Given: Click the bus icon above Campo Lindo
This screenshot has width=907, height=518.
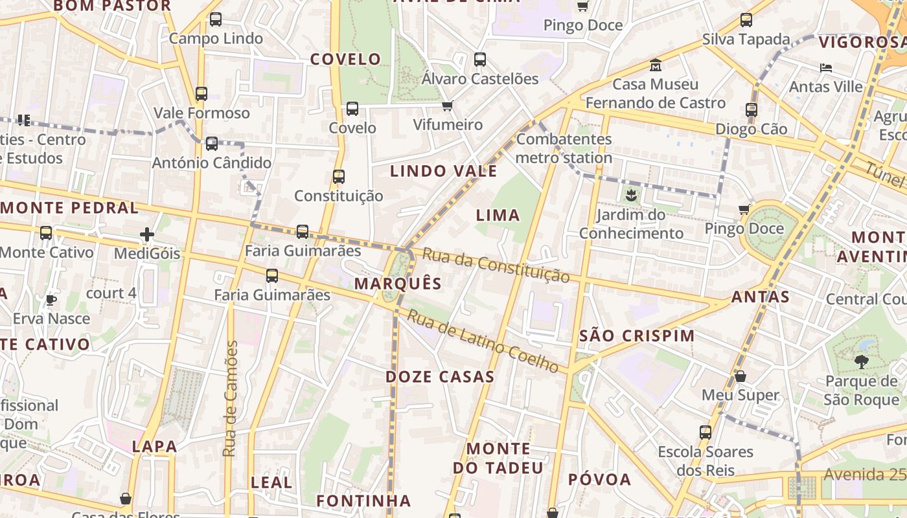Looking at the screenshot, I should [216, 19].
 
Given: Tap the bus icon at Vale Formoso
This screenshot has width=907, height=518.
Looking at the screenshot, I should [201, 94].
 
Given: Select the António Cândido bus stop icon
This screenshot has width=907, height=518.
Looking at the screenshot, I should [212, 144].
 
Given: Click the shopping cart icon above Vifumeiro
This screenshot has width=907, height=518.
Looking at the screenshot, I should [447, 106].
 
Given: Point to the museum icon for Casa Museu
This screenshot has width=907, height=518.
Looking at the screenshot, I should [656, 65].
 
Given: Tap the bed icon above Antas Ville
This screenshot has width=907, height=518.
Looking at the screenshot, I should [825, 68].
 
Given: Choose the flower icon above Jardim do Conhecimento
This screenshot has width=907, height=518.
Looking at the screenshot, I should [630, 195].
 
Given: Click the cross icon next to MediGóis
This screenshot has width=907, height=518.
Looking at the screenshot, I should [147, 234].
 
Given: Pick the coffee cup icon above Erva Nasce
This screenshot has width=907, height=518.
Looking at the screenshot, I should [51, 300].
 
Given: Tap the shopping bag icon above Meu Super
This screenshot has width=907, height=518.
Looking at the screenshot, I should [741, 376].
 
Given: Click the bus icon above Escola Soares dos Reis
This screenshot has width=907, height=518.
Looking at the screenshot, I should [706, 433].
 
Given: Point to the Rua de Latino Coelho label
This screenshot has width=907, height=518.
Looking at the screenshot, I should [483, 341].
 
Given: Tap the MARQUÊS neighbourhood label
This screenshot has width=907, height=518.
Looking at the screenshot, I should [398, 284].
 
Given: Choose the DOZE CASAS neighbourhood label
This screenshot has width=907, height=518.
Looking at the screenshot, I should [440, 377].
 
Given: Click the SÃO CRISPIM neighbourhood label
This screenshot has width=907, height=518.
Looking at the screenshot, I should [637, 336].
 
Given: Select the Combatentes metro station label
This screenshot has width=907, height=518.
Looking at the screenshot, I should [564, 148].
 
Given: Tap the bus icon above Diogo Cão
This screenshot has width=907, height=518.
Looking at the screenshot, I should [752, 110].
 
